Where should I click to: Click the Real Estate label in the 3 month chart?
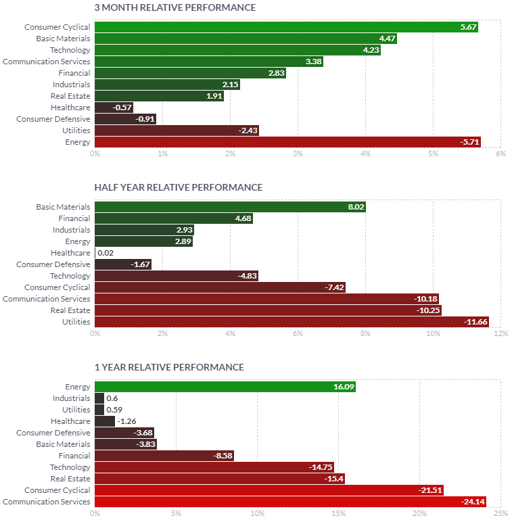[x=71, y=96]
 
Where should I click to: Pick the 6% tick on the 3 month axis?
[x=501, y=154]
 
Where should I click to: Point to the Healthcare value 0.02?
[x=106, y=253]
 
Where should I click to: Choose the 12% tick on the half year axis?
[x=501, y=334]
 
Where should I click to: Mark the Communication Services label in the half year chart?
[x=46, y=299]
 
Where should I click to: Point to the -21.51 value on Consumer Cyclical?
[x=429, y=490]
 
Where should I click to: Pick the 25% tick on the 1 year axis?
[x=501, y=514]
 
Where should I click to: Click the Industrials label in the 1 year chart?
[x=71, y=398]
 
